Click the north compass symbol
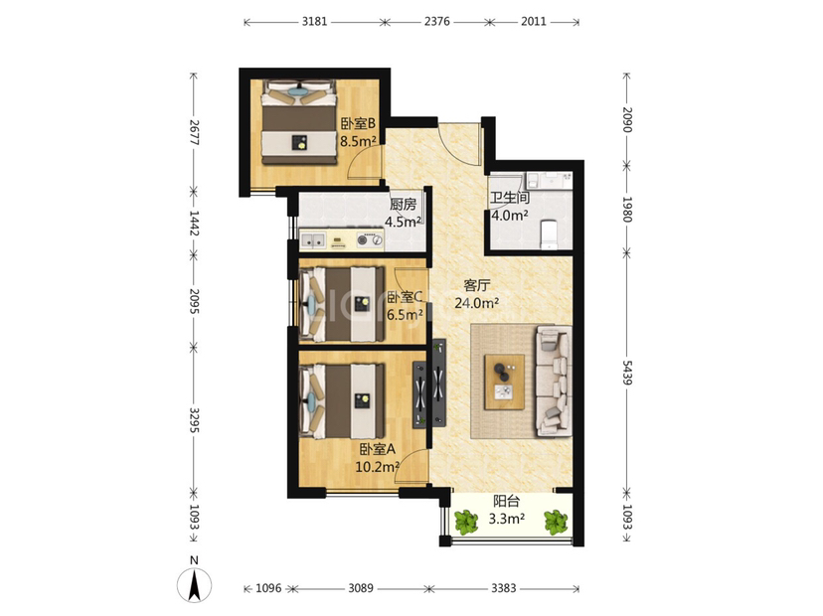pos(194,583)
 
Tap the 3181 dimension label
pos(314,22)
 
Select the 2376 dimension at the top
pos(436,22)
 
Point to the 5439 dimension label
pos(627,372)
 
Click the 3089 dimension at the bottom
pos(361,588)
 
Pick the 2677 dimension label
pos(194,133)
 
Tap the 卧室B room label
pos(358,124)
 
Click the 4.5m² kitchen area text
pos(404,222)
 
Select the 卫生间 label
pos(510,198)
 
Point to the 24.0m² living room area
pos(476,303)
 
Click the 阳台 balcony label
pos(507,501)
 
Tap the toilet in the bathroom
pos(549,234)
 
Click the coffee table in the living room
pos(504,382)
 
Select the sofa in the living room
pos(554,382)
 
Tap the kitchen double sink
pos(312,240)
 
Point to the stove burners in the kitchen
pos(370,240)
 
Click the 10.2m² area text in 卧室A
pos(378,466)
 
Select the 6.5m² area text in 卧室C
pos(405,314)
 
